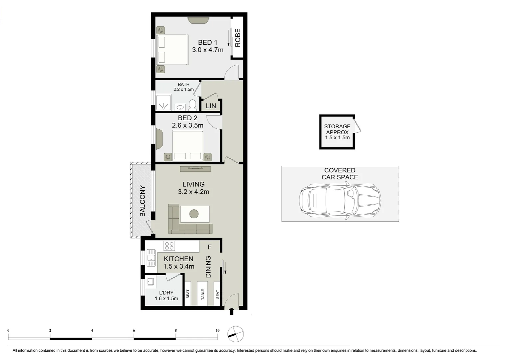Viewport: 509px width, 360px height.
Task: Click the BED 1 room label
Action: coord(208,43)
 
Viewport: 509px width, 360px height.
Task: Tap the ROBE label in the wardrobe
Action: coord(238,38)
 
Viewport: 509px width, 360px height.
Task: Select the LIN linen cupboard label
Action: coord(211,106)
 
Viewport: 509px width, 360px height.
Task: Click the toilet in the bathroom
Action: coord(192,105)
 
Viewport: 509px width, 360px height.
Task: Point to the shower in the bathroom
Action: coord(164,102)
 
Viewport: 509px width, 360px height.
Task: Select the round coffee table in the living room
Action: coord(194,214)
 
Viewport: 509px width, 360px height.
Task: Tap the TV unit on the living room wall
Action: coord(195,169)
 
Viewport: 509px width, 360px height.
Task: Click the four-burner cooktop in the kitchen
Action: coord(169,246)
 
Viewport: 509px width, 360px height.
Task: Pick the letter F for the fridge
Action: coord(210,247)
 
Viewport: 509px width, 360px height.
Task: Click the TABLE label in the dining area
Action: coord(203,294)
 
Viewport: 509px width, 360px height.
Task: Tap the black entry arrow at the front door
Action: coord(232,311)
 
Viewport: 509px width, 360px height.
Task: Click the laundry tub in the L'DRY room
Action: coord(150,282)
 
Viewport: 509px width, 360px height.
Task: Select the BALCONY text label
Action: coord(143,201)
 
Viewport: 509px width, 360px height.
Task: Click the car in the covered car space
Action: coord(339,201)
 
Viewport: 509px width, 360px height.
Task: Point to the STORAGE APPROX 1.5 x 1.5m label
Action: coord(337,132)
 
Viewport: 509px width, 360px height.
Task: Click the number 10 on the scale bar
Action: coord(218,331)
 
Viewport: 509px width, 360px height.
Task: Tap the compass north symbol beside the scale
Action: coord(235,334)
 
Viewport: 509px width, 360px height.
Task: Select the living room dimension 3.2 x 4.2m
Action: coord(193,192)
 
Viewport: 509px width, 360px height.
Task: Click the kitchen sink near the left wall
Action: coord(151,258)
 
